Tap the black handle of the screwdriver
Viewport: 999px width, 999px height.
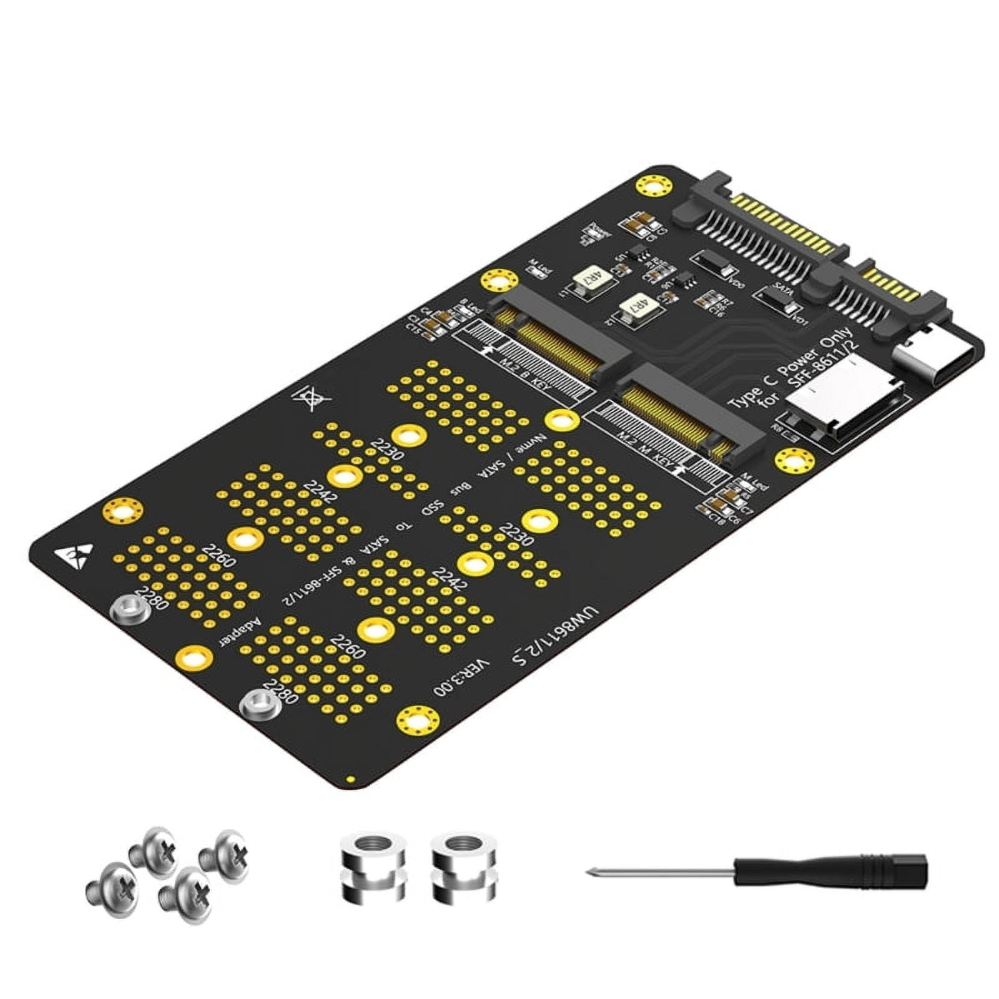830,870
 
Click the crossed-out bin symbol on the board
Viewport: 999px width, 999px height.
310,398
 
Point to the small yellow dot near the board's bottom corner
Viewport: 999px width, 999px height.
350,780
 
